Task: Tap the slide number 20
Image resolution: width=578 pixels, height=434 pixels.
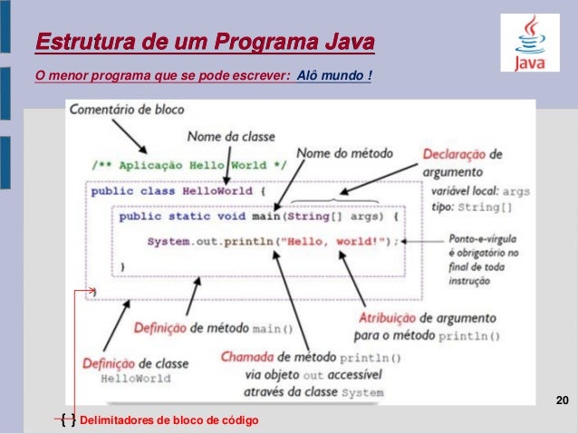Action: coord(562,400)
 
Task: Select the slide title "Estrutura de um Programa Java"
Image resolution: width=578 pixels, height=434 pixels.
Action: coord(204,43)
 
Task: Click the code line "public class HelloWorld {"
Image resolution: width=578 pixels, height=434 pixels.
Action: coord(177,192)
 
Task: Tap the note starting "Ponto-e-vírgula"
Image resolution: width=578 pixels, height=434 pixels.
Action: coord(483,240)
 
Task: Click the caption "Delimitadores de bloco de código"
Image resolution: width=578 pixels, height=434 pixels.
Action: coord(169,420)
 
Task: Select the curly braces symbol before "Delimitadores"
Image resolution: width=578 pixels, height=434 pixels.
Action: coord(67,420)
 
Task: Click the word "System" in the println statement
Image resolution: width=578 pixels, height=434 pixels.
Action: coord(169,241)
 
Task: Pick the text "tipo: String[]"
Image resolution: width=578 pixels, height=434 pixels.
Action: coord(471,207)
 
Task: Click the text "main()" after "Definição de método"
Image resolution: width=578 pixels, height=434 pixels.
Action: coord(273,327)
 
